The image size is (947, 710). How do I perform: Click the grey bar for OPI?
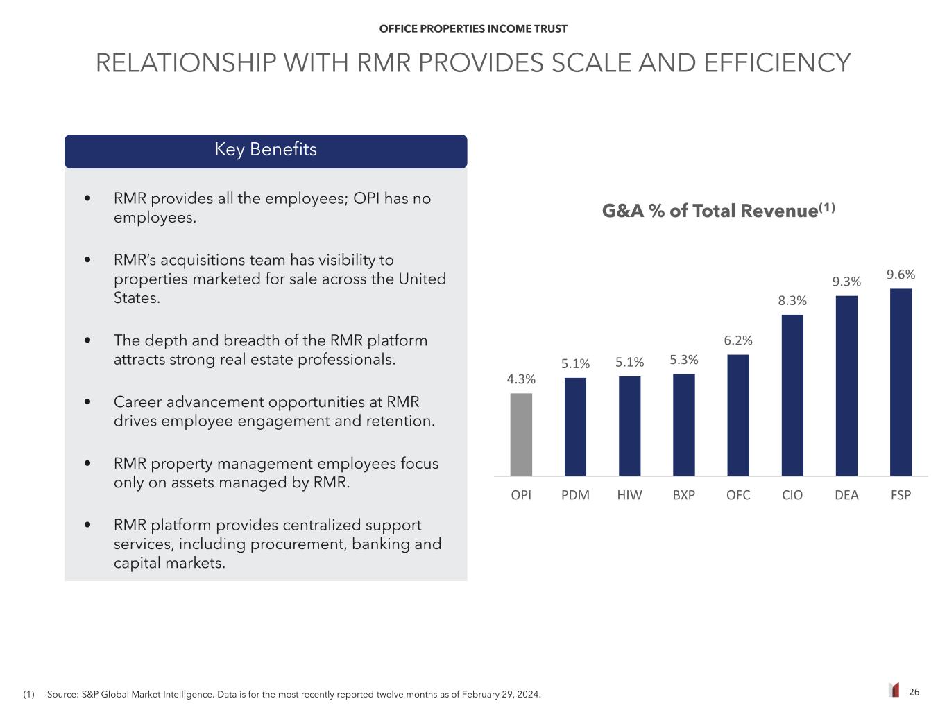pyautogui.click(x=521, y=434)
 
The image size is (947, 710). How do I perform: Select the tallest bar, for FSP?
pyautogui.click(x=901, y=381)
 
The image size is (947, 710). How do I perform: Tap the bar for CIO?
pyautogui.click(x=792, y=395)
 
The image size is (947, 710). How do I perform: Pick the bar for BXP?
pyautogui.click(x=684, y=424)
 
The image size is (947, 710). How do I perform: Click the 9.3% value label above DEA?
pyautogui.click(x=846, y=282)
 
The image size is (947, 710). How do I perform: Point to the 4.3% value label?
pyautogui.click(x=521, y=379)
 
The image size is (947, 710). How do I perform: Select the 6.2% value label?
pyautogui.click(x=738, y=340)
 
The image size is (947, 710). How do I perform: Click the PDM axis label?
pyautogui.click(x=575, y=495)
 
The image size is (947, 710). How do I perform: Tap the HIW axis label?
pyautogui.click(x=629, y=495)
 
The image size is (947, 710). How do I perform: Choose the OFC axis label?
pyautogui.click(x=738, y=495)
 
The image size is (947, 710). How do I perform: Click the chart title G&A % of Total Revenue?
pyautogui.click(x=717, y=211)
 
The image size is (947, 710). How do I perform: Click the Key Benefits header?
pyautogui.click(x=266, y=150)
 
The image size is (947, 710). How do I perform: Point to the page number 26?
pyautogui.click(x=914, y=692)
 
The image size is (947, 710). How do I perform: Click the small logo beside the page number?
pyautogui.click(x=894, y=690)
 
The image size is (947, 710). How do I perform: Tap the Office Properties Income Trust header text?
pyautogui.click(x=473, y=29)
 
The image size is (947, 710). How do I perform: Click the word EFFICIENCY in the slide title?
pyautogui.click(x=777, y=63)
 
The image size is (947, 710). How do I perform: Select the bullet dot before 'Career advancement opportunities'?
pyautogui.click(x=87, y=402)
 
